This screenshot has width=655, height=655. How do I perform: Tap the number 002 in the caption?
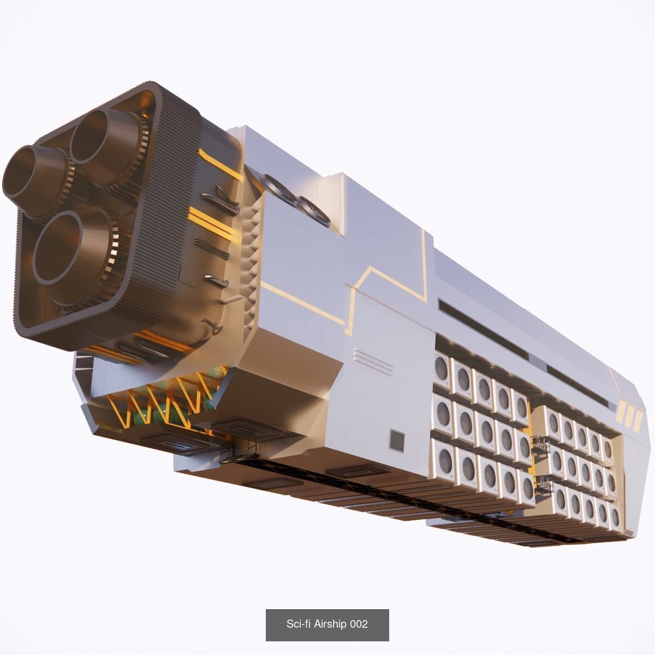[x=359, y=624]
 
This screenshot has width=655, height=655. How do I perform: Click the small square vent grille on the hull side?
[x=397, y=440]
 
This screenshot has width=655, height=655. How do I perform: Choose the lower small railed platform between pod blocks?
[x=543, y=484]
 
